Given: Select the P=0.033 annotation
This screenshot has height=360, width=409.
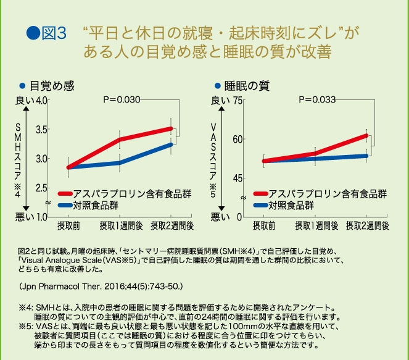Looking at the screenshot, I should click(317, 99).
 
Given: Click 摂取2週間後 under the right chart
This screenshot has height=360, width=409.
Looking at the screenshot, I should click(368, 225).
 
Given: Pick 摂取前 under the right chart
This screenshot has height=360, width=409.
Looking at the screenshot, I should click(264, 225).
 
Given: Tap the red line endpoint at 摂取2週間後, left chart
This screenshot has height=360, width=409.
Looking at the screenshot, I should click(171, 128).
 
